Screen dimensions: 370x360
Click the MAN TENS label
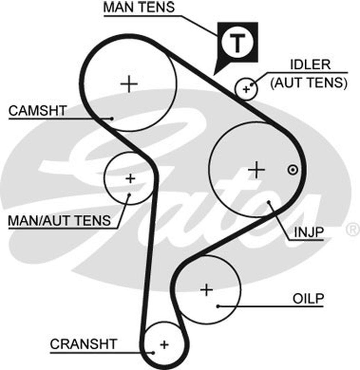[139, 7]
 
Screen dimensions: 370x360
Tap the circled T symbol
[237, 43]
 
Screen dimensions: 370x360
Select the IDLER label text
[310, 65]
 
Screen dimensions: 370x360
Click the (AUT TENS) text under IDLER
[309, 83]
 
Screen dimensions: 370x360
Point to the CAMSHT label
[37, 110]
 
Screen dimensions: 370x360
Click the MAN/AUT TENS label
[59, 220]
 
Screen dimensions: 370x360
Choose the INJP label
[308, 233]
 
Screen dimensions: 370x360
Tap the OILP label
[309, 298]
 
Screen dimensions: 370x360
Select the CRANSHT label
[84, 344]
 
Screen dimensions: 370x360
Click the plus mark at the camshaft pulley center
[129, 84]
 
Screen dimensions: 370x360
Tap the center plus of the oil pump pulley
[207, 289]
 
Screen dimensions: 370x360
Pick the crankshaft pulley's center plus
[164, 345]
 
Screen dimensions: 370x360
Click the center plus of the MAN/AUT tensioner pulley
[130, 178]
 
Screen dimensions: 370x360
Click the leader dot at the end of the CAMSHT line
[112, 118]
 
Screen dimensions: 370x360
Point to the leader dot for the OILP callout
[218, 306]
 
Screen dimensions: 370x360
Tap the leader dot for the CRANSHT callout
[153, 352]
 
